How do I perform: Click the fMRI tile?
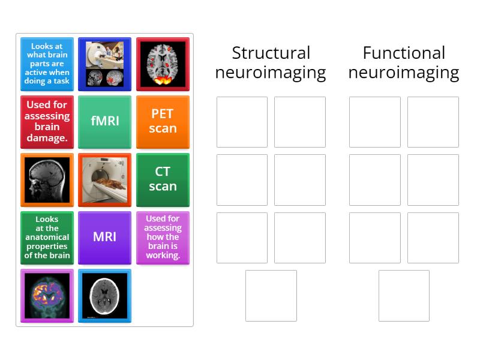click(105, 121)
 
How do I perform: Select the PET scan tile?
click(163, 121)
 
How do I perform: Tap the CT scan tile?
click(163, 179)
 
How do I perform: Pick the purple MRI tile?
click(105, 237)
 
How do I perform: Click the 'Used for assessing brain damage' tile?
click(47, 121)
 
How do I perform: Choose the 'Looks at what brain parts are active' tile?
click(47, 64)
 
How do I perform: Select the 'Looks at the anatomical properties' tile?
click(47, 237)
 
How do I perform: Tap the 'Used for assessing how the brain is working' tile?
click(163, 237)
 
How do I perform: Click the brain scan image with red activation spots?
click(163, 64)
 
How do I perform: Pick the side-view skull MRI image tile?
click(47, 179)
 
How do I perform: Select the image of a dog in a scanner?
click(105, 179)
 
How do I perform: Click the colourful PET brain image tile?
click(47, 295)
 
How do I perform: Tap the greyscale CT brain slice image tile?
click(105, 295)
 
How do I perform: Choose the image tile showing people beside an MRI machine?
click(105, 64)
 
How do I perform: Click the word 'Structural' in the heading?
click(271, 53)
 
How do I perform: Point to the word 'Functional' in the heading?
click(404, 53)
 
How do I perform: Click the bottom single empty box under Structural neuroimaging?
click(271, 295)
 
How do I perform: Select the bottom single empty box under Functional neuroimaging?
click(404, 295)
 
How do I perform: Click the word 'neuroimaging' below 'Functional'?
click(404, 73)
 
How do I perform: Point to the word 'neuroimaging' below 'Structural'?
click(271, 73)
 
